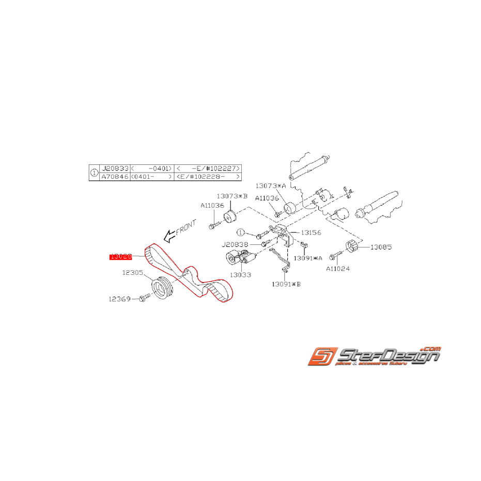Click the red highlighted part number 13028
coord(120,256)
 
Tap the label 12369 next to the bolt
coord(120,298)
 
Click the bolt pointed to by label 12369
coord(144,298)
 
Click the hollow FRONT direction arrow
coord(168,237)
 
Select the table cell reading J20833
coord(114,168)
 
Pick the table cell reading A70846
coord(114,177)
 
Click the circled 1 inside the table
coord(94,173)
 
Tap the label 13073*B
coord(232,196)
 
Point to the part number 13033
coord(241,274)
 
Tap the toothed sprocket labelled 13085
coord(350,248)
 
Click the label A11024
coord(338,268)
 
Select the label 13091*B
coord(286,284)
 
